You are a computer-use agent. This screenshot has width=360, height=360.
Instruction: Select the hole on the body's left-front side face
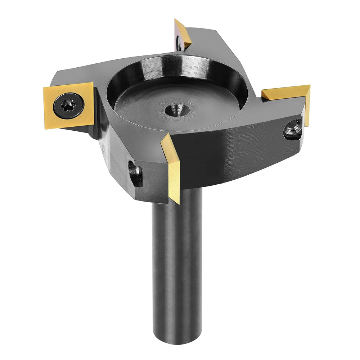click(x=135, y=174)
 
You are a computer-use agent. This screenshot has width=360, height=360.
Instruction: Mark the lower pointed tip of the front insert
click(x=177, y=202)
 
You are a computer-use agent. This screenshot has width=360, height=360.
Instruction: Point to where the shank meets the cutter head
click(x=179, y=196)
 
